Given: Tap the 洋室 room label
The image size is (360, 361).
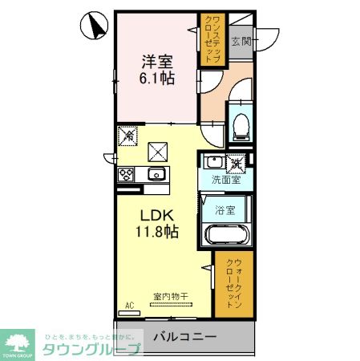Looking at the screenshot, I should point(157,59).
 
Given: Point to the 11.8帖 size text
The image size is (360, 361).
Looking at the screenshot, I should point(157,231).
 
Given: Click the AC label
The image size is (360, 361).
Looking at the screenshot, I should point(129,305).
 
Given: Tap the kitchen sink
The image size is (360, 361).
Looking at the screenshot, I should point(156,174).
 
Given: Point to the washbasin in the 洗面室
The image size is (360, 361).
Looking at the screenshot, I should point(213,162).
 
